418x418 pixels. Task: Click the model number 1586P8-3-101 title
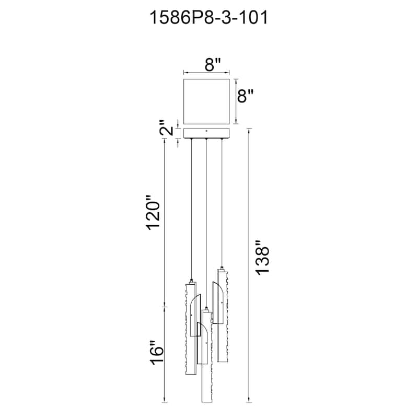(208, 18)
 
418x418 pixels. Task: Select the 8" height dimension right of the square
(245, 96)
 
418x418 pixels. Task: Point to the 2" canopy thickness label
(168, 127)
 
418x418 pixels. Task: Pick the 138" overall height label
(262, 257)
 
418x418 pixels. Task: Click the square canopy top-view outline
(206, 101)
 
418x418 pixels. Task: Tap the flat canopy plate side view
(206, 133)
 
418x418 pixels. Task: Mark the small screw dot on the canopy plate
(206, 131)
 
